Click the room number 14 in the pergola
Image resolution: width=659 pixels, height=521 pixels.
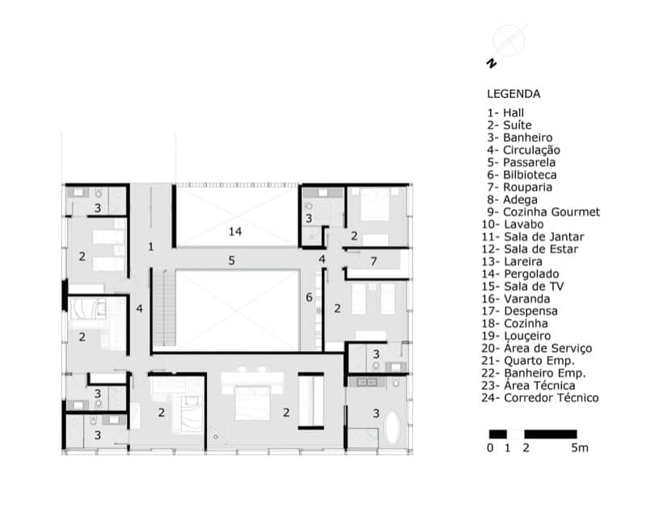click(x=235, y=231)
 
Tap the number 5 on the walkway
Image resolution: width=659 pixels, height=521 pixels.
click(x=231, y=260)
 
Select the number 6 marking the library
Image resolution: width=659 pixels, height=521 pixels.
click(x=309, y=297)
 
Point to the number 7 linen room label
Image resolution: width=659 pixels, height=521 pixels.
click(x=374, y=261)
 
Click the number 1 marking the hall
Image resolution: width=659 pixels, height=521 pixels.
click(x=151, y=247)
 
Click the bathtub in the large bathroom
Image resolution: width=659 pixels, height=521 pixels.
click(x=391, y=427)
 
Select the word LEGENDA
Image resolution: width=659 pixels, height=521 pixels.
click(x=513, y=94)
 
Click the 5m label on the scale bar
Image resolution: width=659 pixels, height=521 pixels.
click(x=580, y=448)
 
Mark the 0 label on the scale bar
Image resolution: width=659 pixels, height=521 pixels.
click(x=490, y=448)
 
